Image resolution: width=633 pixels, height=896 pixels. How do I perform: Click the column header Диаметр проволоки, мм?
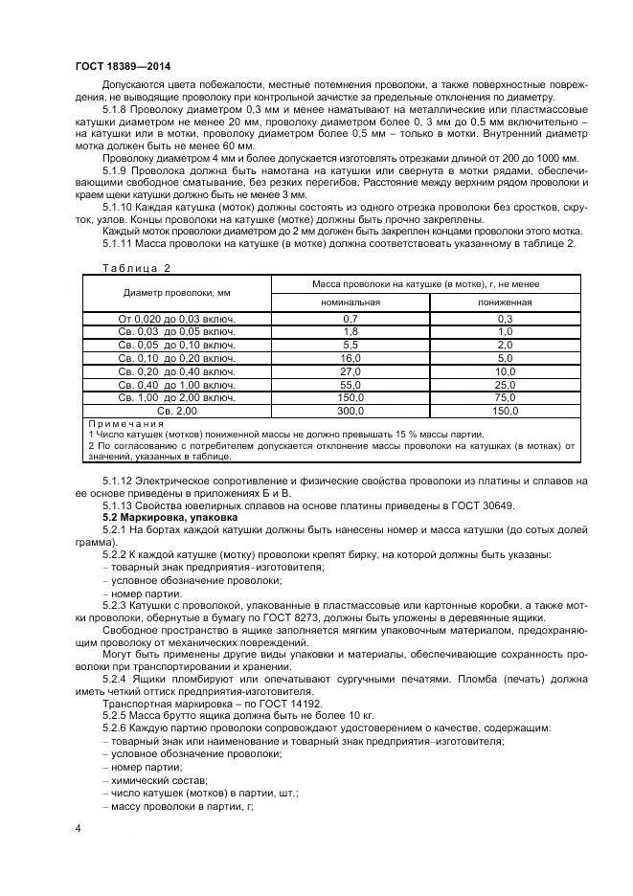[x=176, y=292]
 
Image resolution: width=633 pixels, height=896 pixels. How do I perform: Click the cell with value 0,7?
[x=350, y=318]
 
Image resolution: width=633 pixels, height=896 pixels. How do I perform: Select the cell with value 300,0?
[x=350, y=410]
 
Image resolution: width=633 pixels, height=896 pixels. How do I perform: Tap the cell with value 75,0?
[x=505, y=396]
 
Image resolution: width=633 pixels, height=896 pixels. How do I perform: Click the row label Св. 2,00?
[x=176, y=410]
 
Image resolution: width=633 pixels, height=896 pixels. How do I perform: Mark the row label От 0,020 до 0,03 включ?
[x=176, y=318]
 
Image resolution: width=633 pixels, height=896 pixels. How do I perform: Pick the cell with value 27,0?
[x=350, y=370]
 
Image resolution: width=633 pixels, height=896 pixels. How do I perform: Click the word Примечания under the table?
[x=125, y=423]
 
